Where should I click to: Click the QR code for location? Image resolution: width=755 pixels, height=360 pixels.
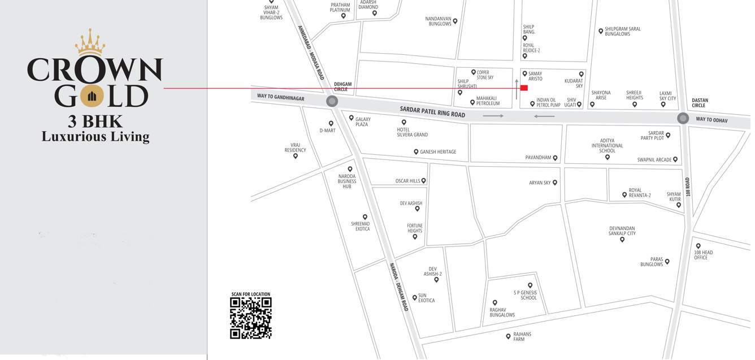(x=250, y=318)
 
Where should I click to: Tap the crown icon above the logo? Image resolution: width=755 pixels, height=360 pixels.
(x=90, y=42)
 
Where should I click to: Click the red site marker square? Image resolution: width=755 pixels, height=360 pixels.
(x=524, y=88)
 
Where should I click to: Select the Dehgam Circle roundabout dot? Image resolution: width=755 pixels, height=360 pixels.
(x=332, y=101)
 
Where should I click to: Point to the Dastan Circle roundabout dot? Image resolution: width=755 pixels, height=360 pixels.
(x=683, y=118)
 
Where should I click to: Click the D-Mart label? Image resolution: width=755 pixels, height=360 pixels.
(x=327, y=131)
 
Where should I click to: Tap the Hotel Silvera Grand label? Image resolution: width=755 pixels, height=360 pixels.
(x=412, y=132)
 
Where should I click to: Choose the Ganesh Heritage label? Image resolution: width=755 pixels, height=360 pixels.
(x=437, y=152)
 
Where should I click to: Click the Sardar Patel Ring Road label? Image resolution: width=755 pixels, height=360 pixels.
(x=432, y=111)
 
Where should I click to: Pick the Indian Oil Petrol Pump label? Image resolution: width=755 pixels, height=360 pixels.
(x=548, y=102)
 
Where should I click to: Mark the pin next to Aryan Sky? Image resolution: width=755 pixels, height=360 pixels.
(x=555, y=183)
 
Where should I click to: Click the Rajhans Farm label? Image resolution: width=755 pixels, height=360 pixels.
(x=522, y=337)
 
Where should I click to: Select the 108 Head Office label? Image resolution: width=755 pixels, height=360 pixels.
(x=704, y=255)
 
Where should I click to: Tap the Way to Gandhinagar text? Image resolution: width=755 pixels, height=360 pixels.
(x=280, y=97)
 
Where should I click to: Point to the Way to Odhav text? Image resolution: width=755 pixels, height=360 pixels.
(x=711, y=120)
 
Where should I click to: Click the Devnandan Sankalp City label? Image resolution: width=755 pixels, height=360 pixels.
(x=622, y=231)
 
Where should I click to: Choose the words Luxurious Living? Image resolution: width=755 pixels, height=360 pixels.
(x=96, y=136)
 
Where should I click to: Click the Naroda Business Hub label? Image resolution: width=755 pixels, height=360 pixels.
(x=347, y=181)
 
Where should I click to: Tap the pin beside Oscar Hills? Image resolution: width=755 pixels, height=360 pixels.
(x=424, y=181)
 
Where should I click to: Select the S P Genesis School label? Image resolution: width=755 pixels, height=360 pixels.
(x=525, y=295)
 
